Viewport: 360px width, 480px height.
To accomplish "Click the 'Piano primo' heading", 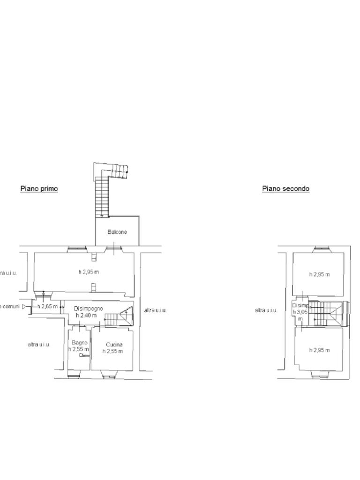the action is (x=39, y=189).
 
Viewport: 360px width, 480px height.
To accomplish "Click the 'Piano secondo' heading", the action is (x=285, y=189).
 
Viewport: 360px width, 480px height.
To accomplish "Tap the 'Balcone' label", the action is (x=117, y=232).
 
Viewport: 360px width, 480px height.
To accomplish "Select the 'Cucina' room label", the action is (x=114, y=345).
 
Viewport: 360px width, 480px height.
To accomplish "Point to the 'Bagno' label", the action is (x=79, y=343).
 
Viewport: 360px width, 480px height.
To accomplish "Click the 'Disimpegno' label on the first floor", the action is (x=89, y=308).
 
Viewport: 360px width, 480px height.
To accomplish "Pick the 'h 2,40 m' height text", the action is (x=88, y=315).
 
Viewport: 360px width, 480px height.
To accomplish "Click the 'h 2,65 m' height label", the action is (x=48, y=307).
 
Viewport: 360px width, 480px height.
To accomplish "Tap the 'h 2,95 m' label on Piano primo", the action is (x=89, y=272).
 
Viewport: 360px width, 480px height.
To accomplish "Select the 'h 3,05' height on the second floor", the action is (x=300, y=311).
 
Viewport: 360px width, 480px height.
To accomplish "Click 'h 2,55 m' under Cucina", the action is (x=113, y=351).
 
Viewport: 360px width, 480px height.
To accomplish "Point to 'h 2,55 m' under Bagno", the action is (x=78, y=349).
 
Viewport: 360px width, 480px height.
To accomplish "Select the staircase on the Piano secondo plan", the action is (x=326, y=313).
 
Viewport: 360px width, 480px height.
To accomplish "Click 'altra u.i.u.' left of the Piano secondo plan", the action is (x=266, y=310).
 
